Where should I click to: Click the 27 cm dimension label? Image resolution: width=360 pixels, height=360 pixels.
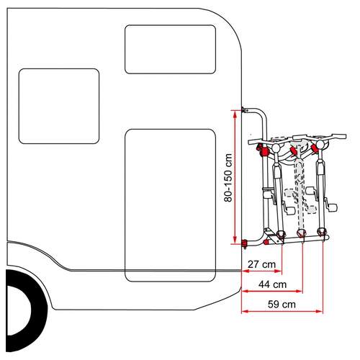click(261, 264)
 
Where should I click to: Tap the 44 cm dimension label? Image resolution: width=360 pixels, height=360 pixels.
click(273, 284)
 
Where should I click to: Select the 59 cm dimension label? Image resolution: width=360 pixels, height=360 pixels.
click(282, 305)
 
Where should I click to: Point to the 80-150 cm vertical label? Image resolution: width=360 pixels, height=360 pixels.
click(228, 178)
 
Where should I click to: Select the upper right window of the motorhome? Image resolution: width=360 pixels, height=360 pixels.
click(170, 49)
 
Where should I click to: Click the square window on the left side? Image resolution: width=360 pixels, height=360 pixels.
click(59, 106)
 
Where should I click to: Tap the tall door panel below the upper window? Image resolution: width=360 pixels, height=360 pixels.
click(171, 205)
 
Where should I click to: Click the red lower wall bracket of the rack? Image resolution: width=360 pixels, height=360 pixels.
click(245, 243)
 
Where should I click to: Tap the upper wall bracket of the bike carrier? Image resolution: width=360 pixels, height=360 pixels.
click(244, 110)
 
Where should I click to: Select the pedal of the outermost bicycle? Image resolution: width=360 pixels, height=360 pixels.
click(332, 207)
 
